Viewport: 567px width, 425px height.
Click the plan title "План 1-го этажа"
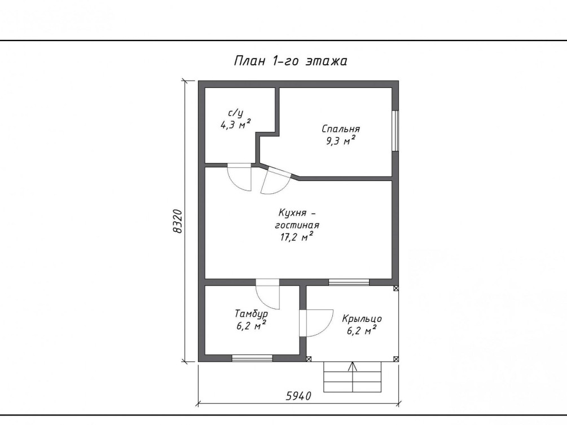291,61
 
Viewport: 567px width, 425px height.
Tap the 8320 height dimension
178,221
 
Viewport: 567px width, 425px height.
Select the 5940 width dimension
298,396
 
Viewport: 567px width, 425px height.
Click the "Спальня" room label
341,129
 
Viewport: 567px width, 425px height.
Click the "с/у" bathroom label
236,113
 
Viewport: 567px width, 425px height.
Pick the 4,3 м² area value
236,125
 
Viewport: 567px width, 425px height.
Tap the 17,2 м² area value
297,237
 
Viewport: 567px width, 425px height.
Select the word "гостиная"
297,225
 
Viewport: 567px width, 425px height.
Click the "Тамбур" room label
251,314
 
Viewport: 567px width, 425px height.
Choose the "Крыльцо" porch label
362,319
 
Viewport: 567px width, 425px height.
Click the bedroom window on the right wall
395,130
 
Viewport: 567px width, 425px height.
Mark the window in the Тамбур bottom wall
252,358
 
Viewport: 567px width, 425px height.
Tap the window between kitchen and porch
349,282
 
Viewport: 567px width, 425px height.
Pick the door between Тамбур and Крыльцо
316,323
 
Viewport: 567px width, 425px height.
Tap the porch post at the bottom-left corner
309,359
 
